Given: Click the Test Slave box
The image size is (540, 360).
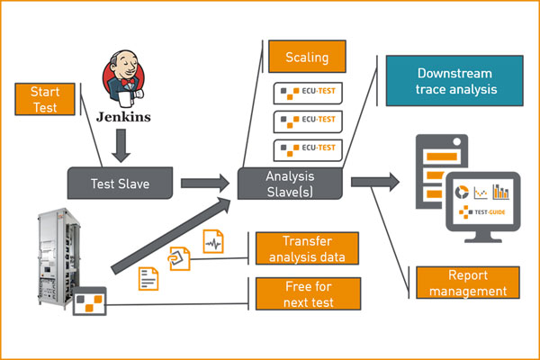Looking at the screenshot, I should click(x=120, y=184).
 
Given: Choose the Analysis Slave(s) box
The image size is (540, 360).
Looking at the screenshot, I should click(x=291, y=181).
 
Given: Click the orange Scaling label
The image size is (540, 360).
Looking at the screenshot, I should click(x=307, y=58).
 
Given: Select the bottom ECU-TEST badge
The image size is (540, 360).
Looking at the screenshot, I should click(x=307, y=147).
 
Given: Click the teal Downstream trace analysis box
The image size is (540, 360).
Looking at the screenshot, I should click(x=454, y=81).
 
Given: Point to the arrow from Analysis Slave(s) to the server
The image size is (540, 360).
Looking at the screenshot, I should click(x=374, y=182).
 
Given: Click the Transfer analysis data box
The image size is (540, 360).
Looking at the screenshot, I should click(x=307, y=249).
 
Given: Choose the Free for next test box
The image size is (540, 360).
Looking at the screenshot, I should click(x=307, y=294).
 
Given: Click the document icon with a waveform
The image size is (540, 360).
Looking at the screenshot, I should click(x=213, y=242).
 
